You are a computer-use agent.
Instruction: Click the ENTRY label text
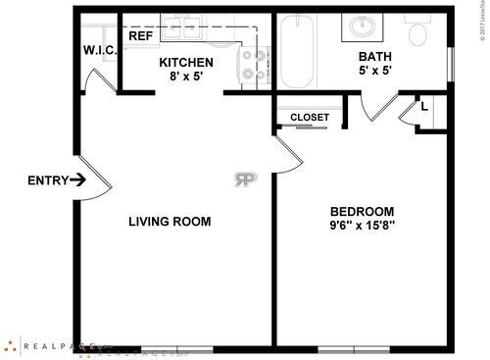click(48, 180)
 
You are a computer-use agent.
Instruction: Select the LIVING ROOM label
click(170, 222)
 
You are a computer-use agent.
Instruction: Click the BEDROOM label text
click(362, 212)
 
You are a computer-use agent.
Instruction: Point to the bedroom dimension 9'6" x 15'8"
click(362, 227)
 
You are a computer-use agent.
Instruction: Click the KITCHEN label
click(186, 63)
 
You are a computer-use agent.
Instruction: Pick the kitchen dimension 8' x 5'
click(186, 78)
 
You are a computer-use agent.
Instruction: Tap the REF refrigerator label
click(140, 36)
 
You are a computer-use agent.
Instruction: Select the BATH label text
click(375, 56)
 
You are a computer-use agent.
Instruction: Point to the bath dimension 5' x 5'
click(375, 72)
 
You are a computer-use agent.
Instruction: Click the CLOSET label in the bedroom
click(310, 118)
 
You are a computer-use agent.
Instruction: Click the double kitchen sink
click(182, 28)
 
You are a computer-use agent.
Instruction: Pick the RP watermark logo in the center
click(245, 180)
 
